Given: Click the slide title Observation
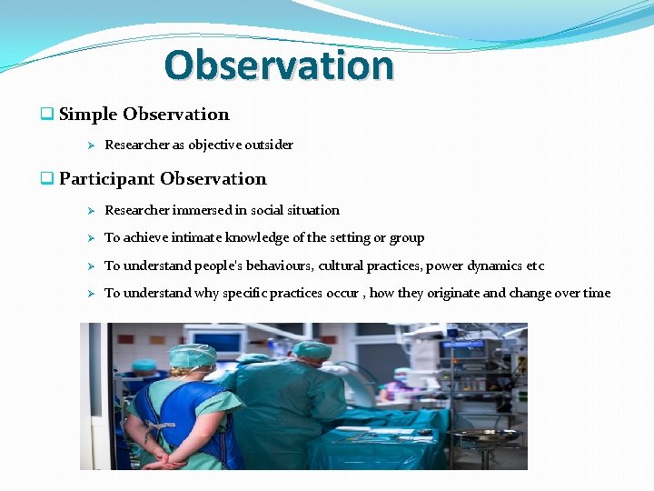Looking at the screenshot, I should (279, 65).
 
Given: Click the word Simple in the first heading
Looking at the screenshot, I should (88, 115).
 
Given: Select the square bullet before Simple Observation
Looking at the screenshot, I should (46, 115).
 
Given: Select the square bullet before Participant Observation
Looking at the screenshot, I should (46, 179).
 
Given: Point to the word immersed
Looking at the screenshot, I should (203, 210).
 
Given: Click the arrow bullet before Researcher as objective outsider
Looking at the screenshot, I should (89, 145).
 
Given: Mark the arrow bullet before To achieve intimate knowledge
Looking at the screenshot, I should (89, 238).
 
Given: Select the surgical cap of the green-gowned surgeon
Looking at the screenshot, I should (312, 348).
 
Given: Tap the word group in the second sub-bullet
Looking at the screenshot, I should (406, 238).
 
